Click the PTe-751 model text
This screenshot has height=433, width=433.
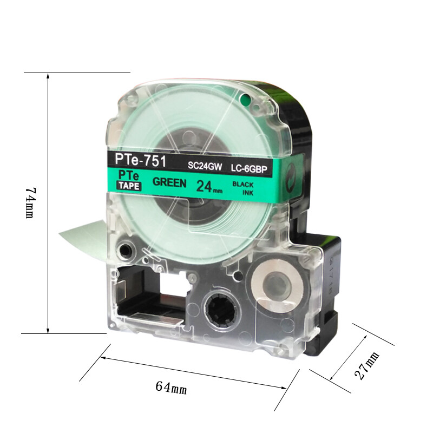coord(140,160)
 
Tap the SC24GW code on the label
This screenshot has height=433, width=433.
coord(205,166)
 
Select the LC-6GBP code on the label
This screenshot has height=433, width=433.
coord(249,168)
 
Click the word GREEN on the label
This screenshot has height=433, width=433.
coord(169,182)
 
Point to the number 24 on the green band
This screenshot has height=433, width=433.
coord(204,186)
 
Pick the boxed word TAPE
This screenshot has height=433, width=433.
coord(129,186)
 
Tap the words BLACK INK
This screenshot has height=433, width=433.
coord(243,188)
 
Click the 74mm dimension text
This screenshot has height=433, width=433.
coord(31,203)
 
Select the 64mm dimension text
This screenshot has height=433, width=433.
coord(171,388)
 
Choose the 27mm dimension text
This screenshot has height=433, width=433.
coord(367,366)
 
